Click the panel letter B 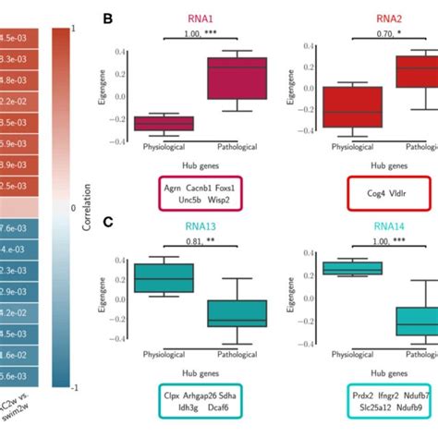tap(107, 18)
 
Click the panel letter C tap(107, 222)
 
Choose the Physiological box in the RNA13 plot tap(164, 277)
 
